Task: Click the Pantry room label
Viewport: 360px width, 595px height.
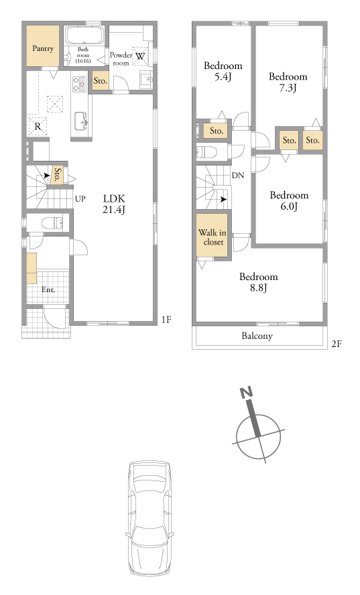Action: pyautogui.click(x=43, y=48)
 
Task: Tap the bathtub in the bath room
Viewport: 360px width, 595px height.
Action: pyautogui.click(x=84, y=36)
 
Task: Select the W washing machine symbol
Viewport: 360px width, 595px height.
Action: pyautogui.click(x=139, y=56)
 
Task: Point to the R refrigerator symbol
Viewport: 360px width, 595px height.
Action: pyautogui.click(x=38, y=127)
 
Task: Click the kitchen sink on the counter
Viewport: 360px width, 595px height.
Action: pyautogui.click(x=81, y=121)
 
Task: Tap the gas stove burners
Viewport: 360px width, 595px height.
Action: pyautogui.click(x=79, y=84)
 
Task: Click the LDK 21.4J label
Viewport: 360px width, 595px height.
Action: pyautogui.click(x=114, y=204)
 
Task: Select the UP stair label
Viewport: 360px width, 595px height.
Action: pyautogui.click(x=80, y=198)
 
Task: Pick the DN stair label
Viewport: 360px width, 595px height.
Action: pyautogui.click(x=238, y=176)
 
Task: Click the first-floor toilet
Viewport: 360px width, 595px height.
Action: pyautogui.click(x=52, y=222)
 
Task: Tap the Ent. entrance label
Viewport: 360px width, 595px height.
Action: pyautogui.click(x=48, y=290)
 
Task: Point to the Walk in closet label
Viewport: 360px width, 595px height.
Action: pyautogui.click(x=213, y=237)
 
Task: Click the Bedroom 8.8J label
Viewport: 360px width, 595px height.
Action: pyautogui.click(x=258, y=282)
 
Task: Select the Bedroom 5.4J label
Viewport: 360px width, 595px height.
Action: pyautogui.click(x=223, y=71)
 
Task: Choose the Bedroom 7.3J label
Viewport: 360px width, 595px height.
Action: pyautogui.click(x=288, y=82)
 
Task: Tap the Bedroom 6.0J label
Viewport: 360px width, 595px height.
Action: pyautogui.click(x=289, y=200)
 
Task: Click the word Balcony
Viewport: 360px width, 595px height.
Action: pyautogui.click(x=257, y=336)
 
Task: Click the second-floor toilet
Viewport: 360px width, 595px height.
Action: pyautogui.click(x=207, y=152)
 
